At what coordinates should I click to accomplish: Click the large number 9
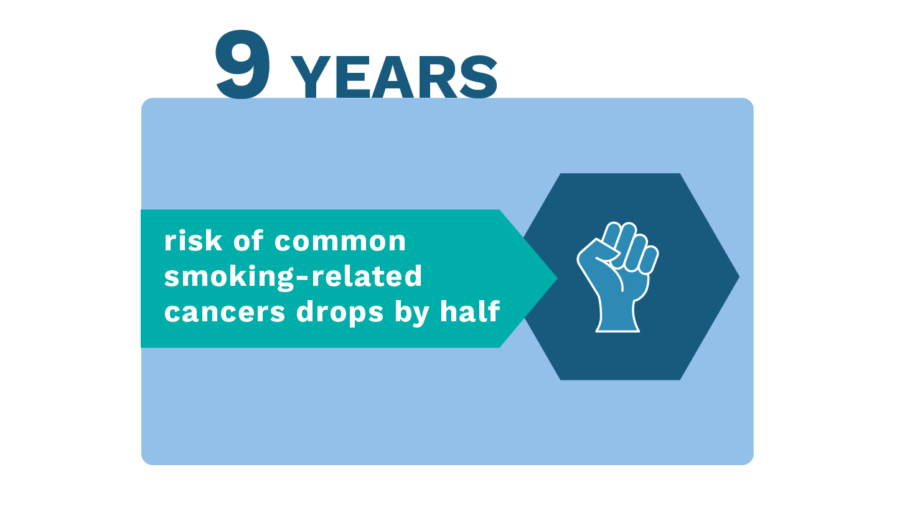click(x=243, y=64)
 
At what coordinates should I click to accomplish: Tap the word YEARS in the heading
click(x=394, y=77)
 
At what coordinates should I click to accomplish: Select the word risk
click(x=193, y=241)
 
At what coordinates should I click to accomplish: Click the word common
click(x=340, y=242)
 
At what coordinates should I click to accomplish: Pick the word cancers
click(x=225, y=313)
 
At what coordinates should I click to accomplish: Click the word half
click(x=470, y=311)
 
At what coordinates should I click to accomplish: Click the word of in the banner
click(x=248, y=240)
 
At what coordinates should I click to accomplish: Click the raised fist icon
click(x=618, y=277)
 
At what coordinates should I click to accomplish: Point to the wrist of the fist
click(x=618, y=316)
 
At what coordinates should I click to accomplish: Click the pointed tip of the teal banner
click(x=557, y=278)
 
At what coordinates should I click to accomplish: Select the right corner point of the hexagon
click(x=740, y=276)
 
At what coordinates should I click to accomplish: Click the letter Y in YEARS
click(x=311, y=77)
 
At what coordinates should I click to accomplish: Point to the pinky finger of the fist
click(x=649, y=260)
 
